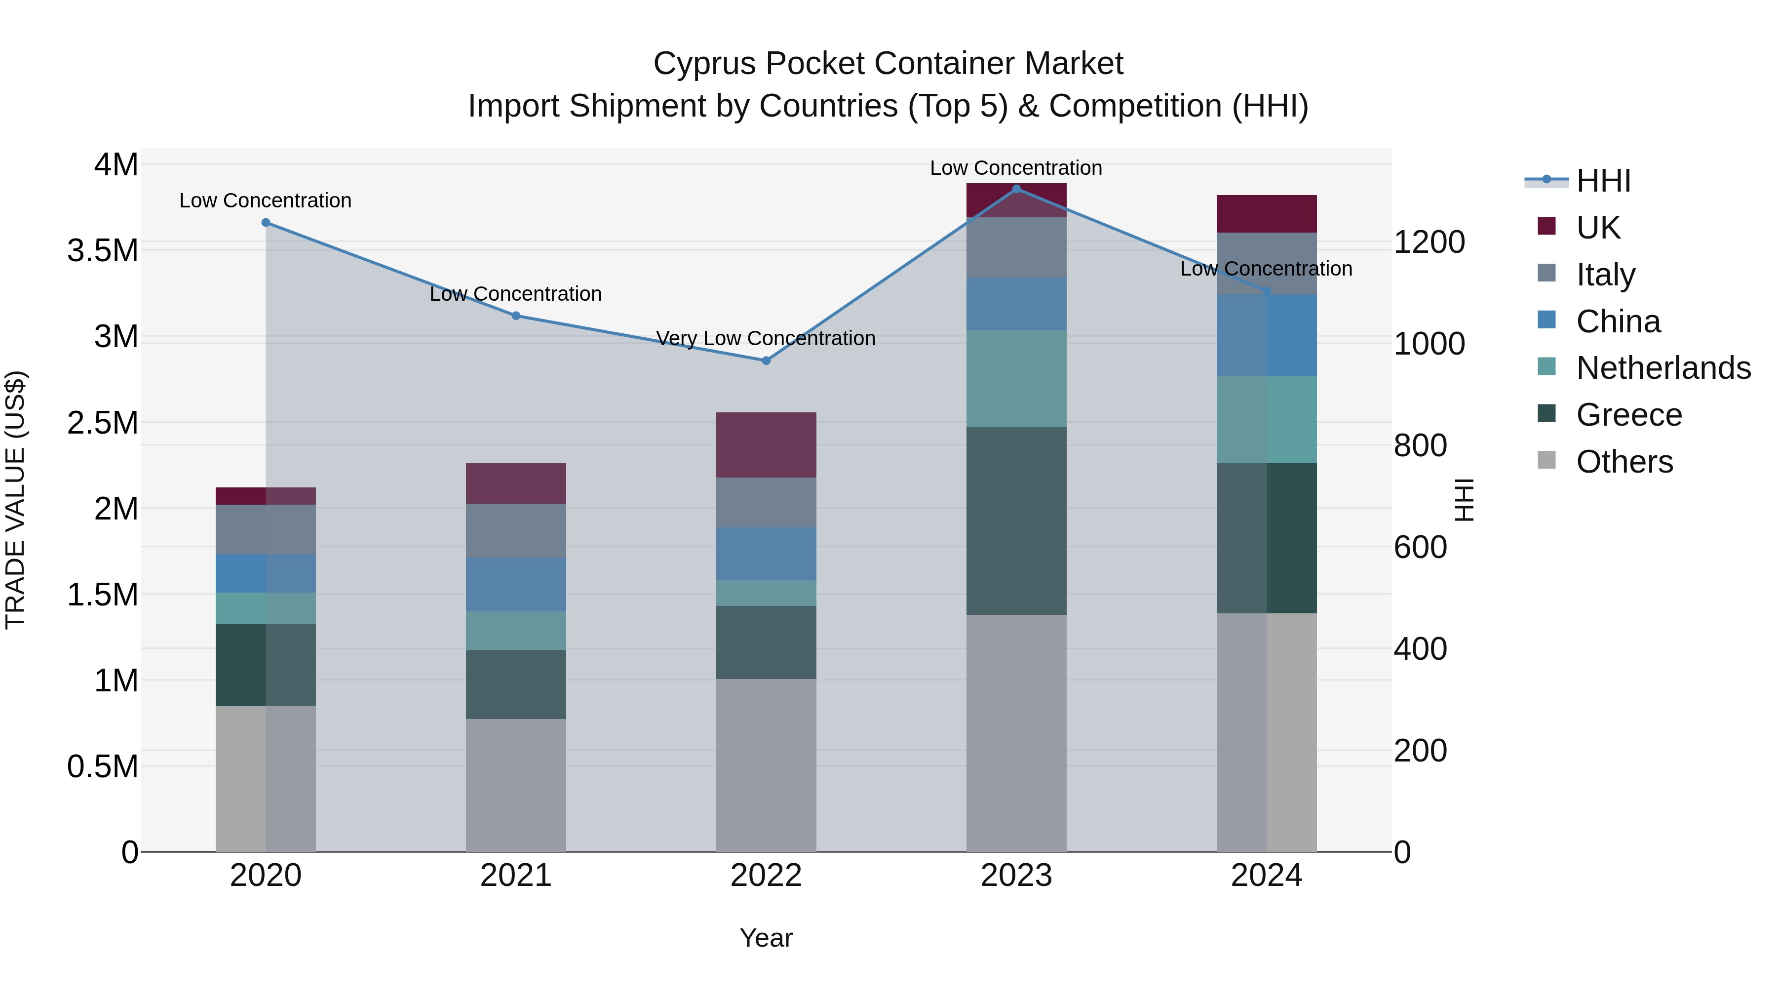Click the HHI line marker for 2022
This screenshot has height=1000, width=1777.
[x=766, y=360]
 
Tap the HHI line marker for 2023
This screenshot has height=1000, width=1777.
[x=1016, y=189]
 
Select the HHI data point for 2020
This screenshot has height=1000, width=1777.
[x=266, y=222]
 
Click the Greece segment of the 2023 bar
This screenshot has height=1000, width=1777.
[x=1016, y=520]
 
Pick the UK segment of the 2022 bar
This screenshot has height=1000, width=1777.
[x=766, y=444]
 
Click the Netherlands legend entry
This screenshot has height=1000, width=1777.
[x=1663, y=368]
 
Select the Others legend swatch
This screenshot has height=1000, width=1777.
[x=1546, y=460]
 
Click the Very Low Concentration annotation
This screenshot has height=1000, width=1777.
[x=766, y=338]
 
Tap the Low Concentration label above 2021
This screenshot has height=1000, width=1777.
[x=515, y=294]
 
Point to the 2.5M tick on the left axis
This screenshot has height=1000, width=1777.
[x=103, y=422]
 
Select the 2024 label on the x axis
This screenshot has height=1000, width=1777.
[x=1267, y=876]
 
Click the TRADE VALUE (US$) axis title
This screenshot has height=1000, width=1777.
[x=15, y=500]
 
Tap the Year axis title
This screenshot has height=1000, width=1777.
[x=766, y=938]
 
